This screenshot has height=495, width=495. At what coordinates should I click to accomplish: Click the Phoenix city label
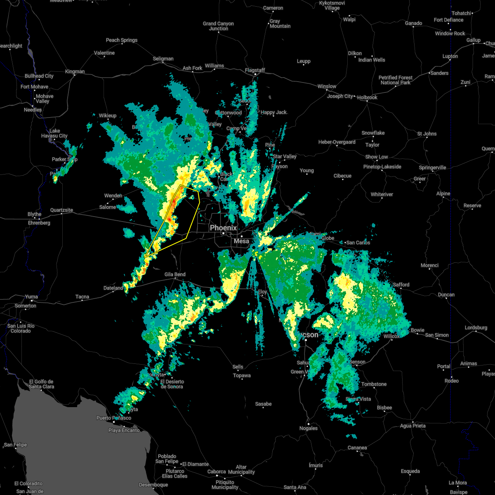pos(223,228)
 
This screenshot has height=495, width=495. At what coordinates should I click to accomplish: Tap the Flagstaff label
pos(255,70)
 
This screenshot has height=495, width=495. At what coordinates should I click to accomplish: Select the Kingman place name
pos(75,71)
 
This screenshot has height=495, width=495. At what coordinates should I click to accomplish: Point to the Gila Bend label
pos(175,274)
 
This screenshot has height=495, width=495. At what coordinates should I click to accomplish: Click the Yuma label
pos(31,297)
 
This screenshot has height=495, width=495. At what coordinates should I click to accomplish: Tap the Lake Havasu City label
pos(54,133)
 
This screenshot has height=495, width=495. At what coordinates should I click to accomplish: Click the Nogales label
pos(308,428)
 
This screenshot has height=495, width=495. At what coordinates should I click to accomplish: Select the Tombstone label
pos(374,384)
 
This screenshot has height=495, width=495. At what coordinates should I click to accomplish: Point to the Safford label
pos(401,285)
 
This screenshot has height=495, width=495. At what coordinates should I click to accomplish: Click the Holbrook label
pos(367,97)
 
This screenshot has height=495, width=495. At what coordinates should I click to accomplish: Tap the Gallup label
pos(473,40)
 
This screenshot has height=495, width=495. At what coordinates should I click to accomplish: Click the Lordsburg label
pos(476,328)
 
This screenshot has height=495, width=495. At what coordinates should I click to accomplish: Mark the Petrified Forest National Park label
pos(395,80)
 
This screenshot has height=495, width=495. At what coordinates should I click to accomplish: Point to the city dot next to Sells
pos(238,362)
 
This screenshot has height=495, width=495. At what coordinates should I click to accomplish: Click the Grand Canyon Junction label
pos(218,26)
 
